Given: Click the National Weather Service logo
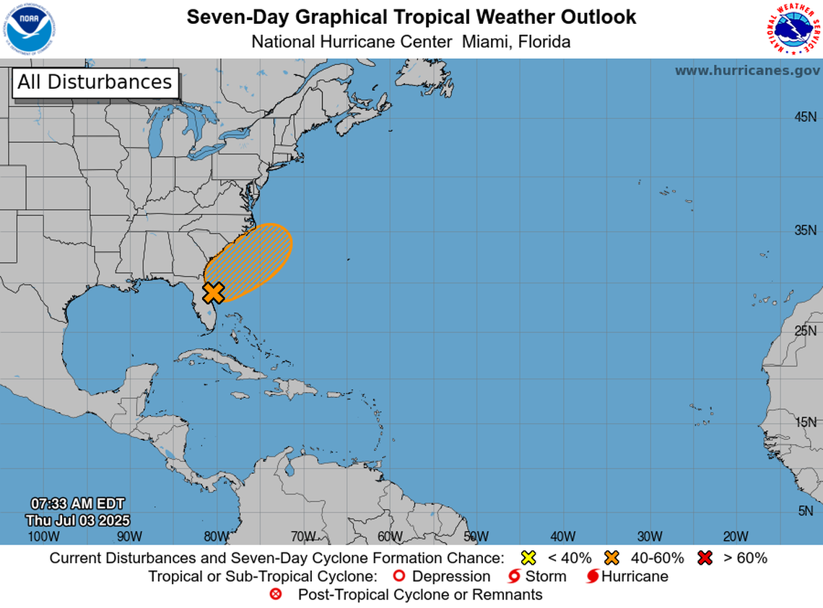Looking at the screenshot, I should pos(793,29).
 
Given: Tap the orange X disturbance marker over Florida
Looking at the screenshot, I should pos(213,292).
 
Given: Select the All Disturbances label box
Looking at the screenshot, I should pos(95,82).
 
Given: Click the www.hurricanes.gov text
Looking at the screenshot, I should pos(747,71).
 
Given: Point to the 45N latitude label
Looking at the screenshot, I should pos(805,117).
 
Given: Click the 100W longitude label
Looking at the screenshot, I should pos(43,537).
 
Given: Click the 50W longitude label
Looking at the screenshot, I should pos(476,537).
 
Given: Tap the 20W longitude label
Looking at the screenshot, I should pos(736,537).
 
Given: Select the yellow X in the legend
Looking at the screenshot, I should pos(528,557).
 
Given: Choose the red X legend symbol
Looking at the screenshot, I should pos(705,557).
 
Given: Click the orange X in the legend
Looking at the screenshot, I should pos(613,557).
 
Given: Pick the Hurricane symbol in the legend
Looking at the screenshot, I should pos(592,576).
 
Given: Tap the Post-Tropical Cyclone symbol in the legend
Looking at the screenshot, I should pos(275,595).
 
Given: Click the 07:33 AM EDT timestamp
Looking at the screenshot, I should pos(77,503).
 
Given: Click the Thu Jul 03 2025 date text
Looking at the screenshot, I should pos(77,520).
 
